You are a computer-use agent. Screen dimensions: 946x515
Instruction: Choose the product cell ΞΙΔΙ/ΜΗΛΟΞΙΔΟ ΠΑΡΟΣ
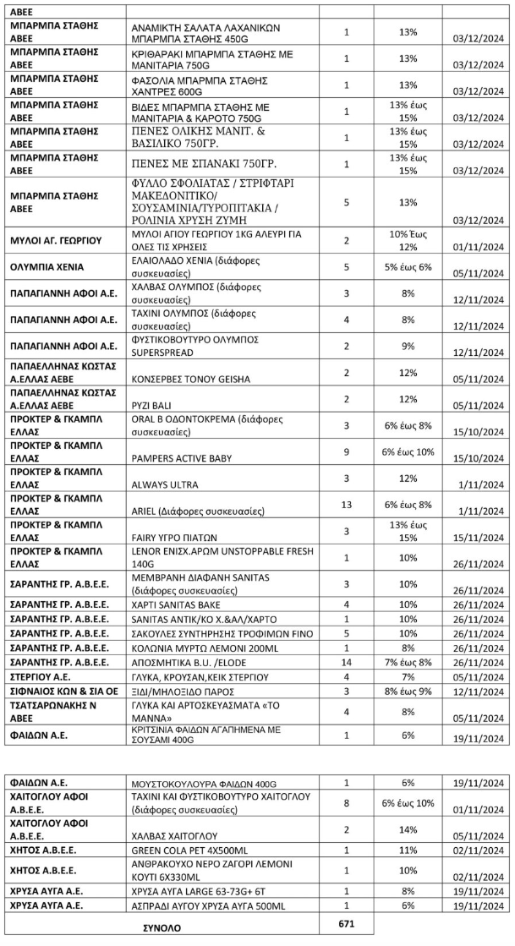(181, 691)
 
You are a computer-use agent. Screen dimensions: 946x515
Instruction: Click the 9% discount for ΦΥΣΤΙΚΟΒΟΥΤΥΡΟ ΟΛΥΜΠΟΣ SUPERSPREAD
(409, 345)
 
